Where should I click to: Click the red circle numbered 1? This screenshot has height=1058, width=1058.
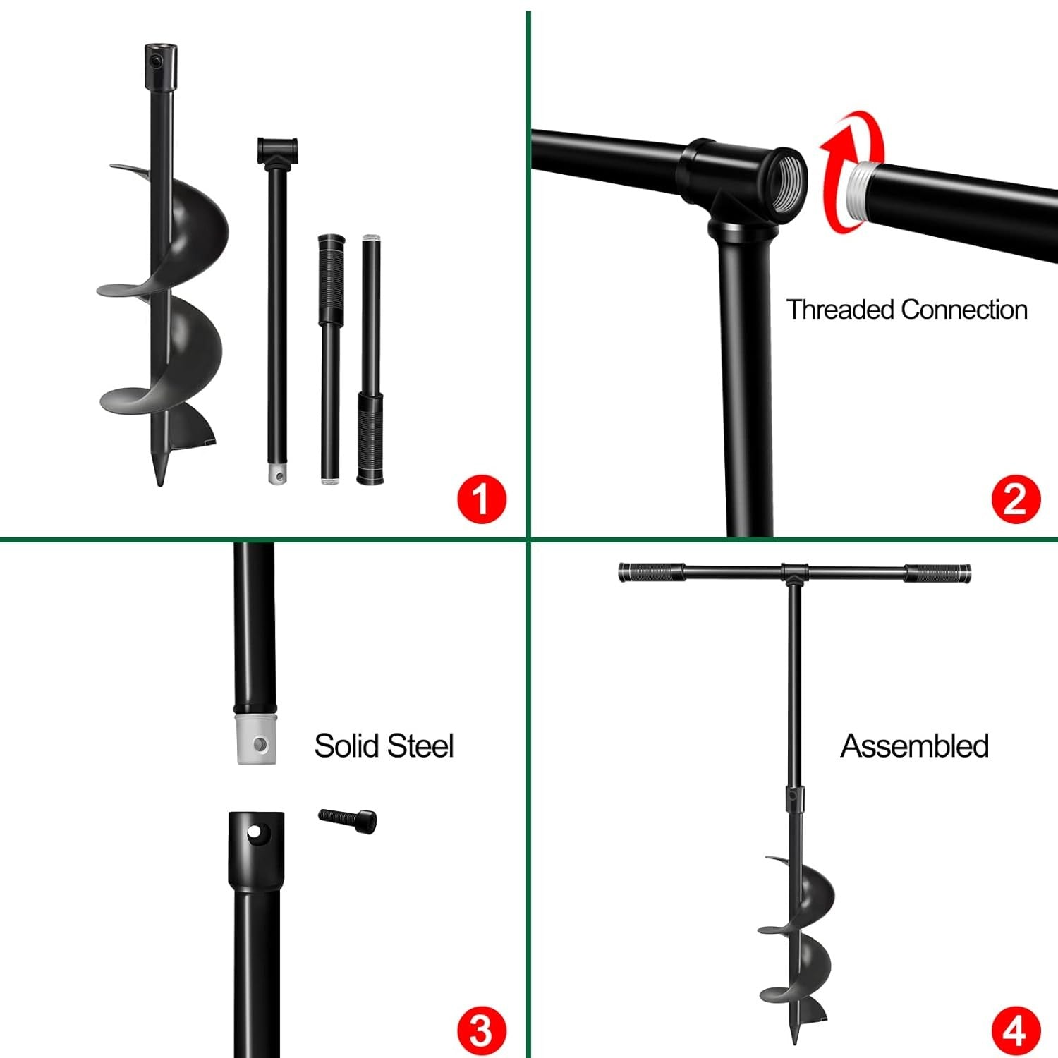click(x=482, y=499)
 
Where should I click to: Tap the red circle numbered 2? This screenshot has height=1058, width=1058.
click(x=1016, y=499)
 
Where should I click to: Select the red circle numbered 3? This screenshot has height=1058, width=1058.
click(x=482, y=1030)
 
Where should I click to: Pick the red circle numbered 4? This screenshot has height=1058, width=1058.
click(x=1016, y=1030)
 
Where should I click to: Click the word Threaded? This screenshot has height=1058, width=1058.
click(x=840, y=310)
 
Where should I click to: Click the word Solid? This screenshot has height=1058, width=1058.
click(x=346, y=746)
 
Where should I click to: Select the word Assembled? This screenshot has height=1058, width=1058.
click(x=914, y=746)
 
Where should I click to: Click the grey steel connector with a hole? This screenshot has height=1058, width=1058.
click(x=256, y=741)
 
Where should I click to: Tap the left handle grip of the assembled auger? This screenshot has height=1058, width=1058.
click(x=651, y=573)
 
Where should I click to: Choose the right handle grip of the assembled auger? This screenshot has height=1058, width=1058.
click(x=938, y=573)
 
